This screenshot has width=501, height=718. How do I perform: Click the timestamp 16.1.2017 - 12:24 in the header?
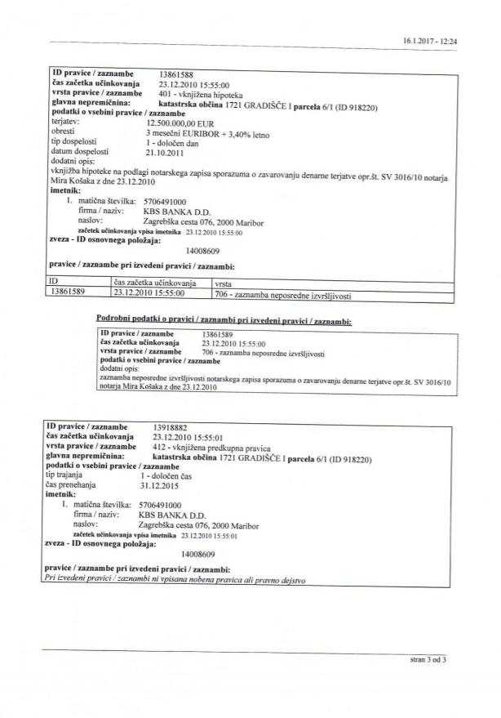point(430,40)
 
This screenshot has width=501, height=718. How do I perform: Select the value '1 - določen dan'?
point(174,141)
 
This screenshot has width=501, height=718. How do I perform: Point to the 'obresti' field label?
point(63,132)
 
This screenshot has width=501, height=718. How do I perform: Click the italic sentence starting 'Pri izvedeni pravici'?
point(175,580)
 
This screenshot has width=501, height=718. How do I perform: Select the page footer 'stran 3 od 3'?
point(428,658)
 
